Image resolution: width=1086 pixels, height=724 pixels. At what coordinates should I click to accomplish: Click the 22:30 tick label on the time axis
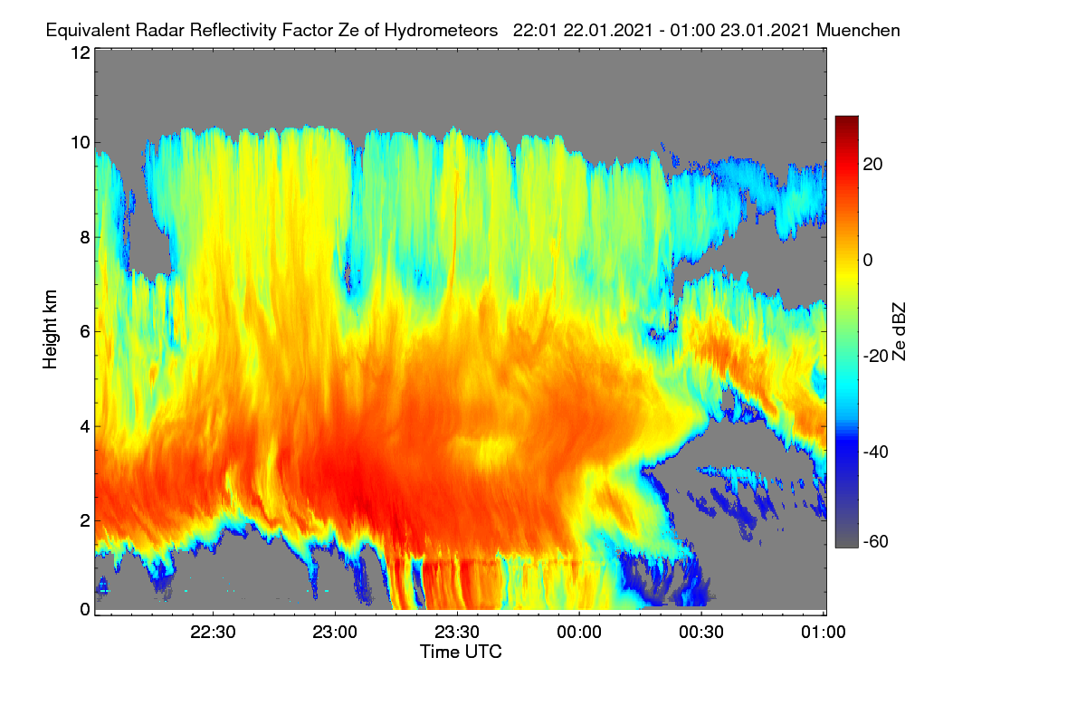(x=213, y=633)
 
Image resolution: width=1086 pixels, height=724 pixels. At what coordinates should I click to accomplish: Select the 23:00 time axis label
(x=335, y=633)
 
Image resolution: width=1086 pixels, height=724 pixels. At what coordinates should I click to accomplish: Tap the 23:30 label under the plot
(x=457, y=633)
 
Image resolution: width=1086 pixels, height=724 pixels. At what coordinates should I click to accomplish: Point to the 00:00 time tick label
(x=579, y=633)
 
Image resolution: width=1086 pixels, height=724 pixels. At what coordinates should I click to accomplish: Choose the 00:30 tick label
(x=701, y=633)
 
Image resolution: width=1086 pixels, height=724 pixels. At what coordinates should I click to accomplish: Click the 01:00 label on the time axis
(x=824, y=633)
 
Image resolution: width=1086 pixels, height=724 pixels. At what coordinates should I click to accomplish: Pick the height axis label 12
(x=81, y=52)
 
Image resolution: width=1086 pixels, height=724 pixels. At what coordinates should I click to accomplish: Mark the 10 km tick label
(x=81, y=143)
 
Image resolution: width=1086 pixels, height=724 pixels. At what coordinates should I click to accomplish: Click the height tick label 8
(x=86, y=238)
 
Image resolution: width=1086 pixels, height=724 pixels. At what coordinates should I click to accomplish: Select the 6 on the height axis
(x=86, y=332)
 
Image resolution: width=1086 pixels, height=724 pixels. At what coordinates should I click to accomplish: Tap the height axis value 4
(x=86, y=427)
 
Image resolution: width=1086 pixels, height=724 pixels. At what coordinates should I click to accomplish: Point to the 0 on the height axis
(x=86, y=610)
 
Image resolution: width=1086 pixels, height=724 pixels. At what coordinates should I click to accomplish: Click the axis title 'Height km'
(x=50, y=329)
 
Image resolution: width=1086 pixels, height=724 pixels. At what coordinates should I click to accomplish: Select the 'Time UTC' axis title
(x=461, y=653)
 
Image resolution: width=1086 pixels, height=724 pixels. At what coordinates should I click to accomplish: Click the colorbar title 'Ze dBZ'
(x=899, y=332)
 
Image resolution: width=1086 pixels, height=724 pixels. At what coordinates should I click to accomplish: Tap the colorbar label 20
(x=872, y=165)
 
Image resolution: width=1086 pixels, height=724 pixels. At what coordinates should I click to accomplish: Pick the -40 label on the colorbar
(x=876, y=452)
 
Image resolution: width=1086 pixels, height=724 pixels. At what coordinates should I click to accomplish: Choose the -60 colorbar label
(x=876, y=542)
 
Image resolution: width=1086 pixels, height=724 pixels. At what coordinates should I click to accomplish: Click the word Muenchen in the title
(x=858, y=31)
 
